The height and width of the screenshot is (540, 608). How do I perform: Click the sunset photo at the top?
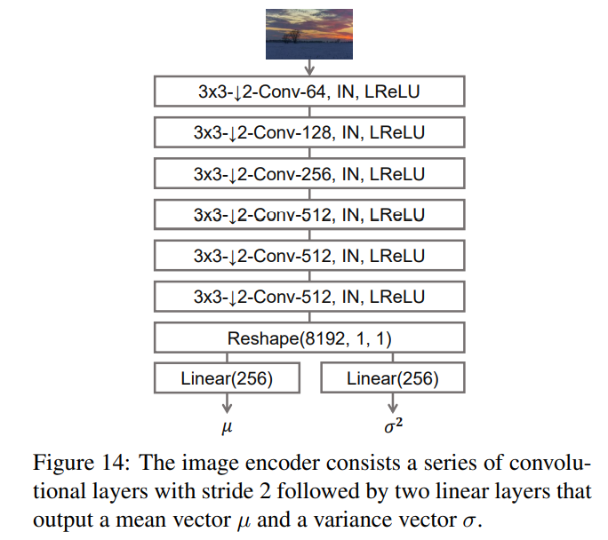tap(309, 34)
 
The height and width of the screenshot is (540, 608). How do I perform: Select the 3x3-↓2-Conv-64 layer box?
tap(309, 91)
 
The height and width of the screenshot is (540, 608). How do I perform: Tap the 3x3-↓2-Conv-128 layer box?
tap(309, 132)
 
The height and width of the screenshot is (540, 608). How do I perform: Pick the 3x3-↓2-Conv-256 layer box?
tap(309, 173)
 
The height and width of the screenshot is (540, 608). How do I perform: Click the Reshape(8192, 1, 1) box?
tap(309, 337)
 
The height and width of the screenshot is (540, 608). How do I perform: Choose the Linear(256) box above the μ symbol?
tap(226, 378)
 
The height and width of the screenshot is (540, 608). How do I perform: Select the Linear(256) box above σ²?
tap(392, 378)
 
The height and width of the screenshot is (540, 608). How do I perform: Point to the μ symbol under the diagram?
tap(226, 426)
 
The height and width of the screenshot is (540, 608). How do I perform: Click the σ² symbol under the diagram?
tap(392, 426)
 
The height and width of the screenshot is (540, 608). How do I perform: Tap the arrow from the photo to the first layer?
tap(309, 67)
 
